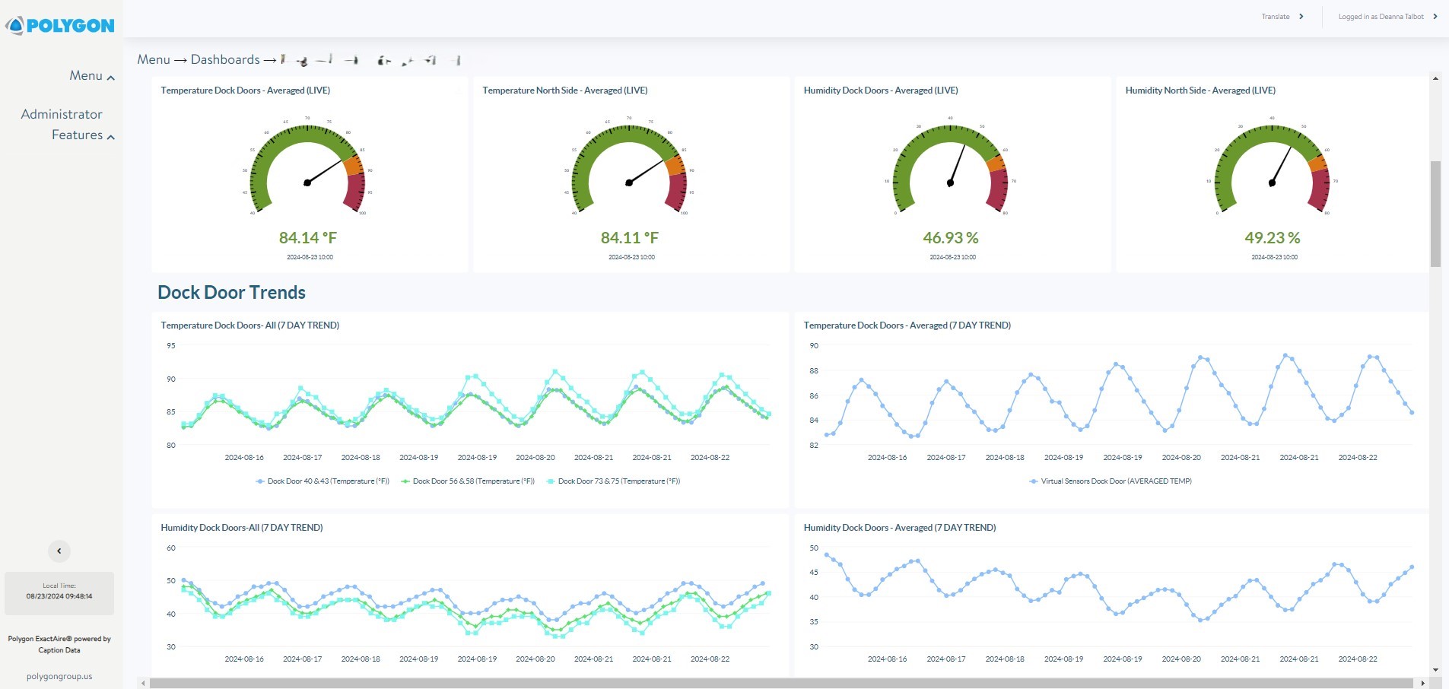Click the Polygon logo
[x=60, y=26]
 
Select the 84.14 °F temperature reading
[x=307, y=238]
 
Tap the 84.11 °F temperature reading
[x=629, y=238]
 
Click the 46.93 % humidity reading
[x=950, y=238]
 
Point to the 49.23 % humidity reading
[x=1272, y=238]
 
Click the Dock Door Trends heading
[x=231, y=293]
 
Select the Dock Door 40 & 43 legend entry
[x=323, y=481]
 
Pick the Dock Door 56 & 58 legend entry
[x=468, y=481]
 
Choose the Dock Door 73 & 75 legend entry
[x=613, y=481]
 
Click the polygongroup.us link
[x=59, y=676]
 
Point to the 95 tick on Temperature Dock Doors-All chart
[x=171, y=346]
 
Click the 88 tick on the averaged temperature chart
[x=814, y=371]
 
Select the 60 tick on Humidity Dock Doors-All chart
[x=171, y=548]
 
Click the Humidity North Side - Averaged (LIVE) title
[x=1200, y=90]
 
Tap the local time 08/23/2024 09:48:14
[x=59, y=596]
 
